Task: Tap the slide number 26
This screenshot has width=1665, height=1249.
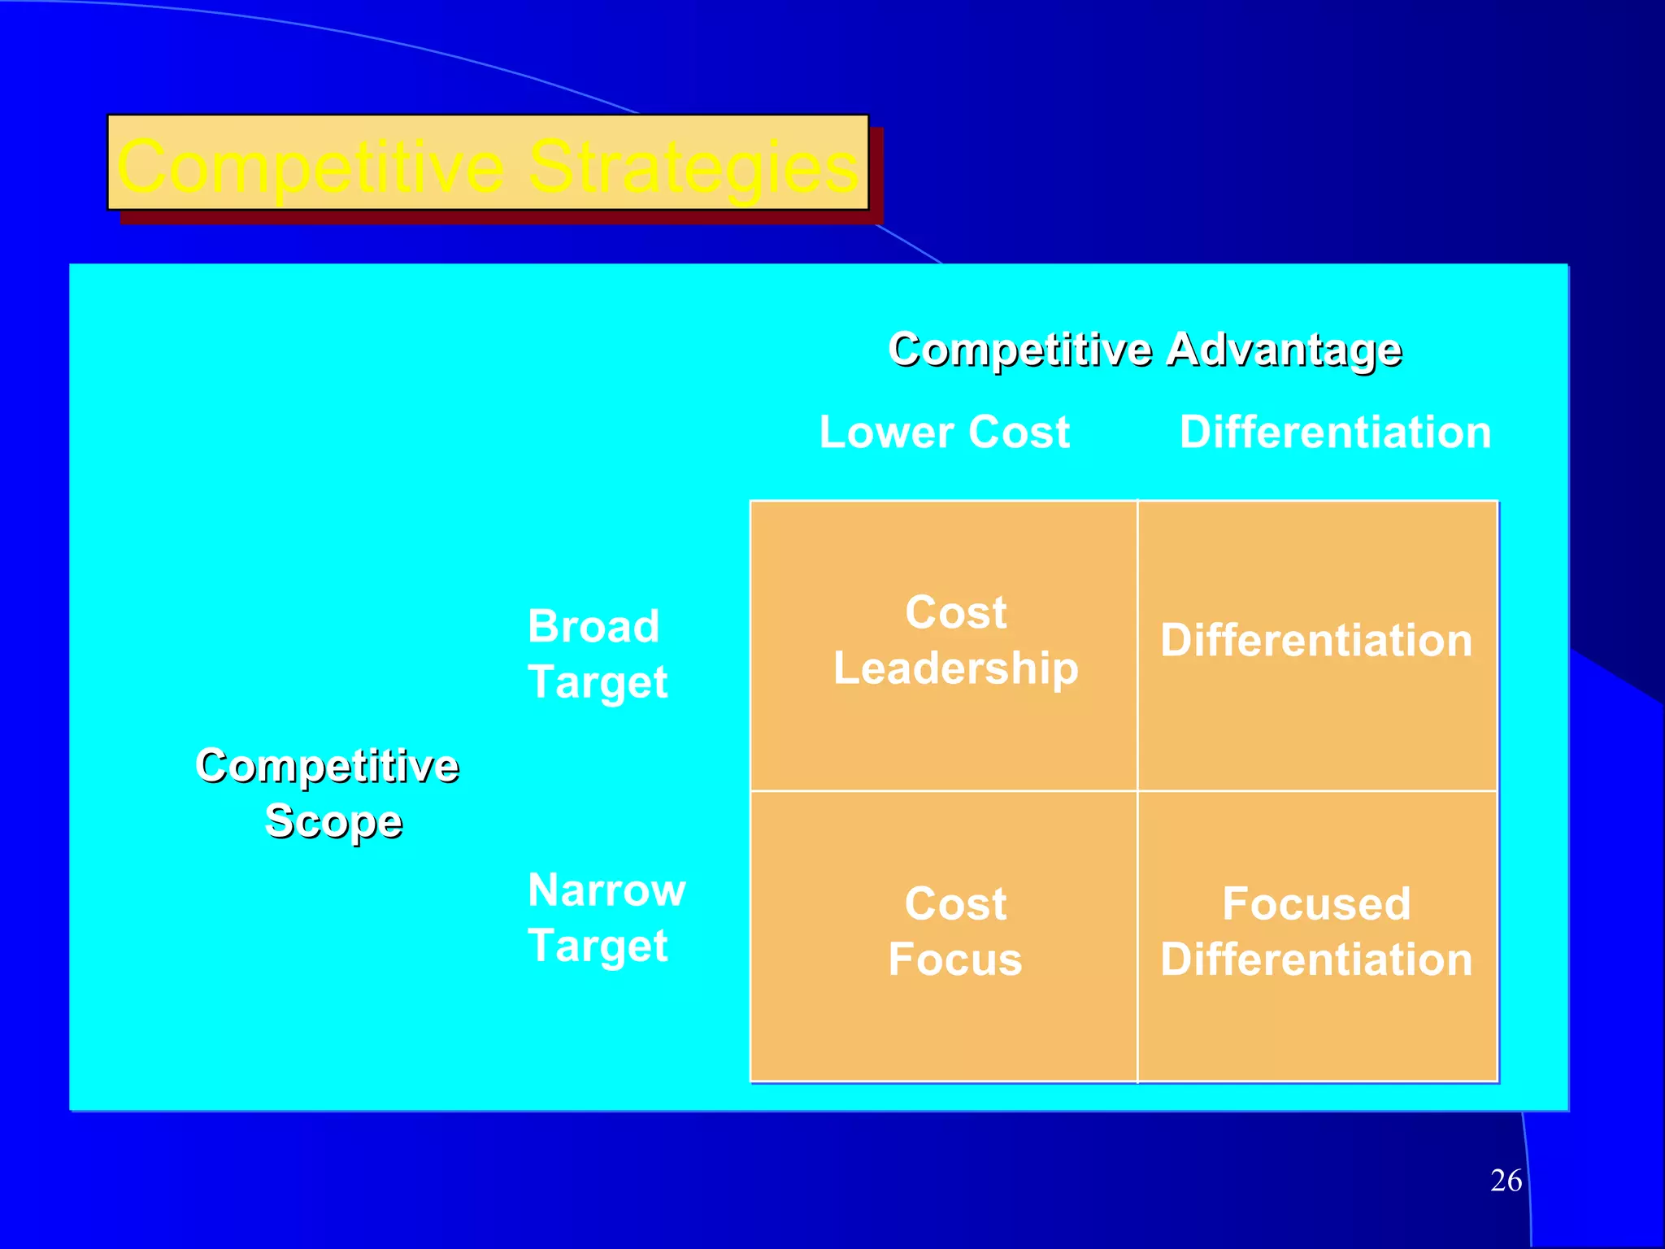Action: click(1506, 1181)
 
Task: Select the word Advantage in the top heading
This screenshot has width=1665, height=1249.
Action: click(1284, 350)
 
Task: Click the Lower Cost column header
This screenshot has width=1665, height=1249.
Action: click(944, 432)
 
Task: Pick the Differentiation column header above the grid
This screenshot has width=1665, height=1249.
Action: click(1335, 432)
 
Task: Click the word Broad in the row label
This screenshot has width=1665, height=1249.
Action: click(593, 627)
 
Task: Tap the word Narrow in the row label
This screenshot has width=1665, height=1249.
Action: click(606, 890)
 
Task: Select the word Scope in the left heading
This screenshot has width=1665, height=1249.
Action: click(333, 821)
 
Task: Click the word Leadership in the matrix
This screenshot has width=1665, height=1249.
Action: click(955, 668)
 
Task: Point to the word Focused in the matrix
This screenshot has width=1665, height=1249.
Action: click(1316, 904)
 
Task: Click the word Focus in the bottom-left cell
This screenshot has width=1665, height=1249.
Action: click(954, 960)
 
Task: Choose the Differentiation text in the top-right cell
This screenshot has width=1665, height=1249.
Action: click(1316, 641)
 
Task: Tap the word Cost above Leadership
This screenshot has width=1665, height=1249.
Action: click(955, 612)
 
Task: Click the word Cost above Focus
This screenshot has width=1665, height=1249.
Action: click(955, 904)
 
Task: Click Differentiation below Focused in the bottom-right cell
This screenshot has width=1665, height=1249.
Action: click(1316, 960)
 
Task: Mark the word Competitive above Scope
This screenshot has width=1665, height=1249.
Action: click(327, 766)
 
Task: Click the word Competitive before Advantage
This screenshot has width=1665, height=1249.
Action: click(1019, 350)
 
